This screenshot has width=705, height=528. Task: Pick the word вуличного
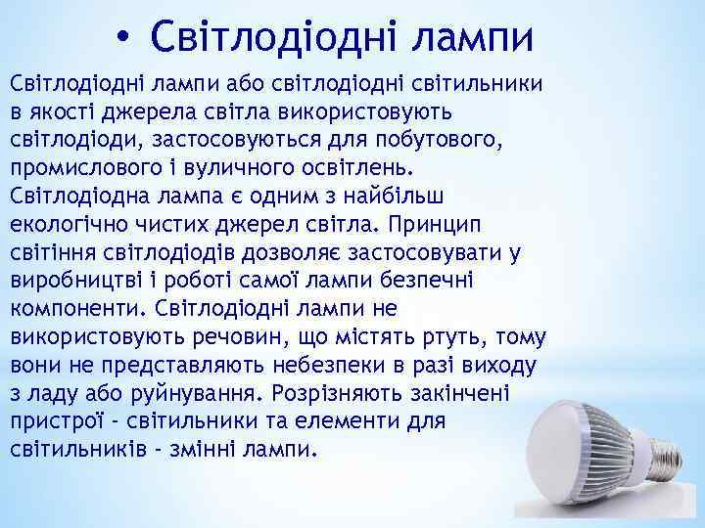tap(234, 165)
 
